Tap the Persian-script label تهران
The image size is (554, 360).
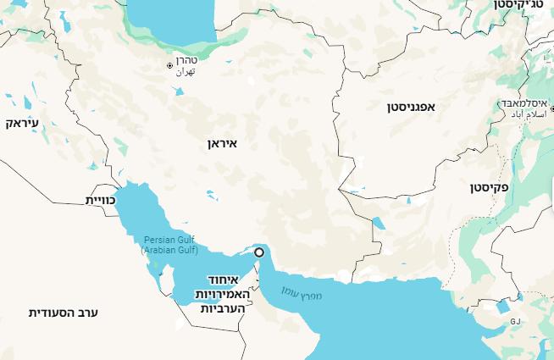coord(186,73)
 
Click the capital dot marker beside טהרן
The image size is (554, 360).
coord(170,65)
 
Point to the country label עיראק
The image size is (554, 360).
coord(23,124)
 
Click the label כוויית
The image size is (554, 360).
coord(100,200)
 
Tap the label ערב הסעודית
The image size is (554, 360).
coord(64,313)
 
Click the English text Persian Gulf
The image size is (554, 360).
coord(169,241)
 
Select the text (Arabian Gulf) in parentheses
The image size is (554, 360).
coord(169,251)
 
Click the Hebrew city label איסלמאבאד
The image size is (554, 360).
coord(531,102)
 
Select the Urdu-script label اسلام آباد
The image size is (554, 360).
coord(531,114)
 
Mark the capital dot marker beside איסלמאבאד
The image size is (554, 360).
coord(506,106)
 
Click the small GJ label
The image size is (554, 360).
coord(514,322)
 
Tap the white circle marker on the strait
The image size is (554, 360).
coord(259,252)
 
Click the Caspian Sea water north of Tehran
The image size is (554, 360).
coord(169,21)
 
